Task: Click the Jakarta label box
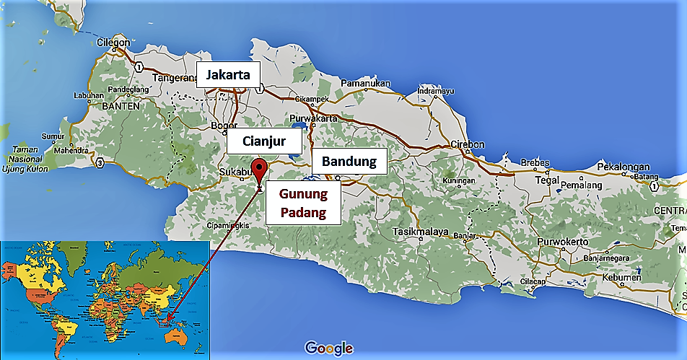point(227,74)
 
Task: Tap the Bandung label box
point(349,160)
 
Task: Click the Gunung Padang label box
point(302,203)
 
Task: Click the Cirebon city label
point(467,144)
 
